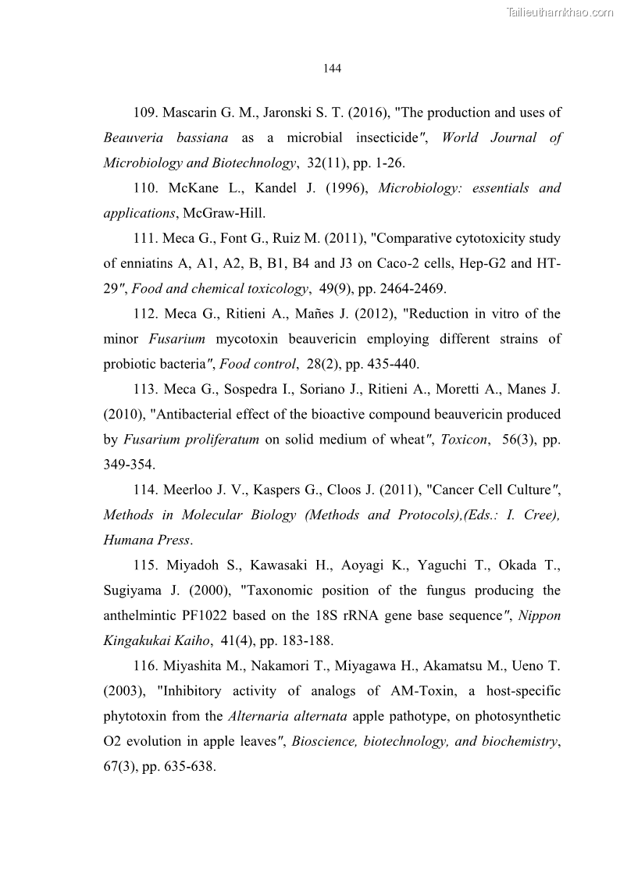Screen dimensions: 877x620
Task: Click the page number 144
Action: [332, 69]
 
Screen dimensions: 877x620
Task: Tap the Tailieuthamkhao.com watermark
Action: [560, 12]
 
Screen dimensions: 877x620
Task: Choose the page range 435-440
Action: [380, 364]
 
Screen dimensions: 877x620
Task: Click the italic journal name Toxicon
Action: [465, 439]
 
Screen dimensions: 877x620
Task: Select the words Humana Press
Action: [147, 540]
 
